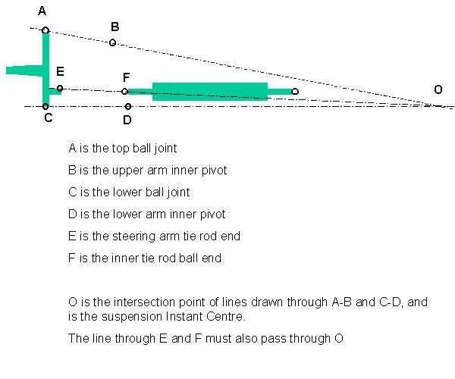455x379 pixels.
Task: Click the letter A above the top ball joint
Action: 42,11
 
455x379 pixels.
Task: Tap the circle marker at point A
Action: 45,30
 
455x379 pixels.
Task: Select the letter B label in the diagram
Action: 115,27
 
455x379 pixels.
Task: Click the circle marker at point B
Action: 112,43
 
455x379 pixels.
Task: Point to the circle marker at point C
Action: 45,106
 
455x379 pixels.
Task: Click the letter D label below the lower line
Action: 127,120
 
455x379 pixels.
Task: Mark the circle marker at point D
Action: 128,106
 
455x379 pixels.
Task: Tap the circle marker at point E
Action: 60,88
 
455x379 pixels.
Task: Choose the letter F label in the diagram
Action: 126,77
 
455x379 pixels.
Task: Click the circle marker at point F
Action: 124,92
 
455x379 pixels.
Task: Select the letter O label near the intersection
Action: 438,89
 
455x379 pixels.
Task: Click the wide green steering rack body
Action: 210,92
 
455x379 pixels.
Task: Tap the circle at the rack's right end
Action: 295,92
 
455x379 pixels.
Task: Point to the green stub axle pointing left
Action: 24,70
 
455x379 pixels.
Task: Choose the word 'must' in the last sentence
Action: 216,339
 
